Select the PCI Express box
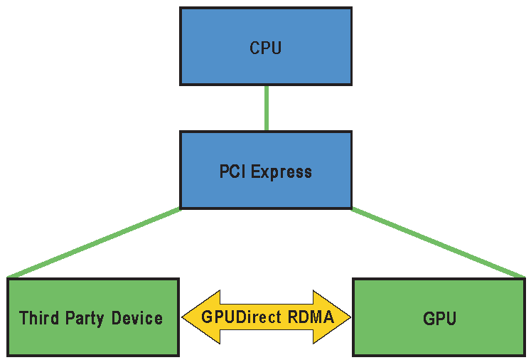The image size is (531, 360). pos(265,189)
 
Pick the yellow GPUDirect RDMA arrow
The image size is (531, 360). pos(267,317)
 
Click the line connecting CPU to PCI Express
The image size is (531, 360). pos(266,108)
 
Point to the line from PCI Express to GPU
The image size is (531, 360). pos(437,242)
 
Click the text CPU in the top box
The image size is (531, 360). pos(265,48)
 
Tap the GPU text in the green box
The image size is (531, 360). pos(439,318)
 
